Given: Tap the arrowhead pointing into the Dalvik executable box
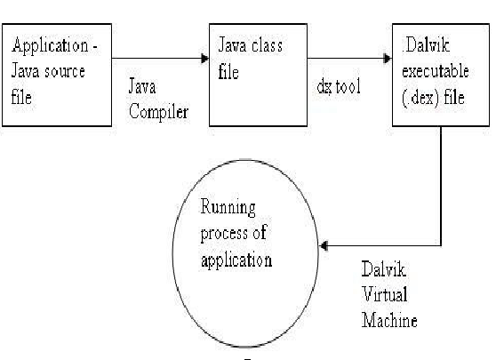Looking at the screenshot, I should point(387,60).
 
